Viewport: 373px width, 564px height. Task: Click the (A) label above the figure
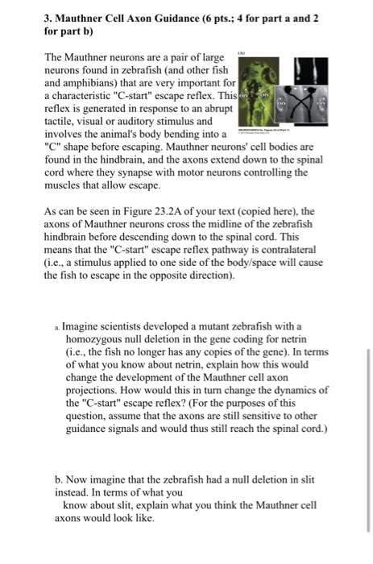(x=241, y=51)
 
